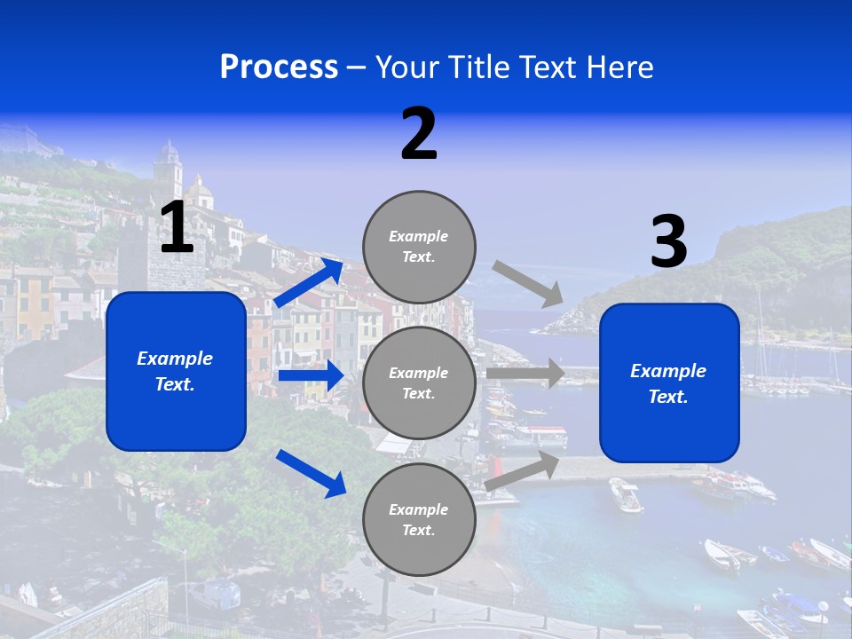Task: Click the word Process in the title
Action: click(279, 67)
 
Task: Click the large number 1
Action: click(177, 228)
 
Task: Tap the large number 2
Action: click(419, 134)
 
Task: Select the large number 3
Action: click(668, 242)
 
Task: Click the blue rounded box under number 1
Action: click(176, 371)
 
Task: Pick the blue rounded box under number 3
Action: click(669, 383)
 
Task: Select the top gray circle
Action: click(419, 246)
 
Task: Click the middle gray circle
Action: click(419, 383)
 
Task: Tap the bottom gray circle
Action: click(419, 519)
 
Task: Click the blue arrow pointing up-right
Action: click(309, 282)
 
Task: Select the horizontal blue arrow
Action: click(311, 375)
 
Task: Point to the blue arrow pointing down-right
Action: click(312, 472)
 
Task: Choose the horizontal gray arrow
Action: click(525, 374)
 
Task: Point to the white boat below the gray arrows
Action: click(625, 494)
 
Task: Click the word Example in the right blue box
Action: click(668, 371)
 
